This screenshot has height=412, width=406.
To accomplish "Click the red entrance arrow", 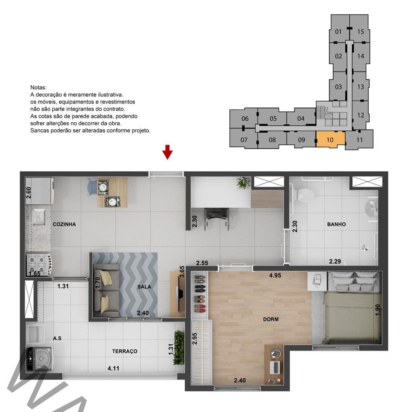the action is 167,152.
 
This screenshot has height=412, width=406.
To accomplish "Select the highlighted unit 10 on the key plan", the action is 330,139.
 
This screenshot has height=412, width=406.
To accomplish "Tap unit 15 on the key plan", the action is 360,31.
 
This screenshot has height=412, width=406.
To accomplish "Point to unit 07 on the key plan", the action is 244,140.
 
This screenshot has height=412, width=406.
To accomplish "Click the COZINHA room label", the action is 64,224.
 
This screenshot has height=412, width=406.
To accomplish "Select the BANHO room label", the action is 336,224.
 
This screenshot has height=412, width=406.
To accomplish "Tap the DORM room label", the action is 271,319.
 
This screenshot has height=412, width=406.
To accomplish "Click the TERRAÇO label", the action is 125,351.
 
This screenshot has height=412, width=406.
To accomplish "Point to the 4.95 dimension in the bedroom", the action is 275,275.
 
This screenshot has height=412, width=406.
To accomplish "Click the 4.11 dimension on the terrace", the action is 113,369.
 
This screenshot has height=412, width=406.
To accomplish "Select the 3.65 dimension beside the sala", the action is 182,272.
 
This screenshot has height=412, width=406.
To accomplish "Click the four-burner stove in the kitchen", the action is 40,265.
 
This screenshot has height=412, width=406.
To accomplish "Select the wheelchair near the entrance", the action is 216,218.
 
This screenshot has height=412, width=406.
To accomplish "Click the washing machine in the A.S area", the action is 40,358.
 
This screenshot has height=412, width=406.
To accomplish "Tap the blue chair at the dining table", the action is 92,187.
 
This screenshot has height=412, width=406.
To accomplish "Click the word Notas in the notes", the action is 38,87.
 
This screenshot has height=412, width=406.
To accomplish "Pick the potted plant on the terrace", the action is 179,347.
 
